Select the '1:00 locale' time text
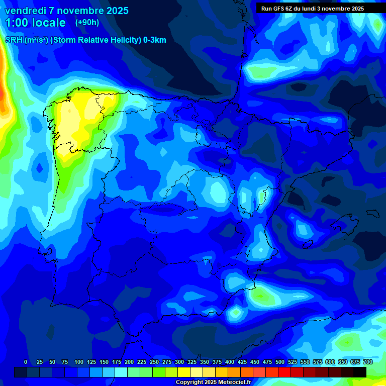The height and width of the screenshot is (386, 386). (x=35, y=23)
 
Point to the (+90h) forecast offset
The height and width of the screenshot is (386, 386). (x=87, y=23)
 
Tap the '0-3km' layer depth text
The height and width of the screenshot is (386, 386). (x=155, y=40)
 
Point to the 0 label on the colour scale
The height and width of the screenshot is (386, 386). (x=26, y=362)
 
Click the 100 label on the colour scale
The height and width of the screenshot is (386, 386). (x=79, y=362)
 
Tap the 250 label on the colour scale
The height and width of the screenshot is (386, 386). (x=154, y=362)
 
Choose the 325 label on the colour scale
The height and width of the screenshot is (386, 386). (x=192, y=362)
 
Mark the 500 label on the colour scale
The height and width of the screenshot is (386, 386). (x=280, y=362)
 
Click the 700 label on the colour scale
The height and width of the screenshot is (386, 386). (x=367, y=362)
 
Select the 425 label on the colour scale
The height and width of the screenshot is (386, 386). (x=242, y=362)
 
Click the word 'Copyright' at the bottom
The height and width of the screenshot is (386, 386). (x=189, y=382)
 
